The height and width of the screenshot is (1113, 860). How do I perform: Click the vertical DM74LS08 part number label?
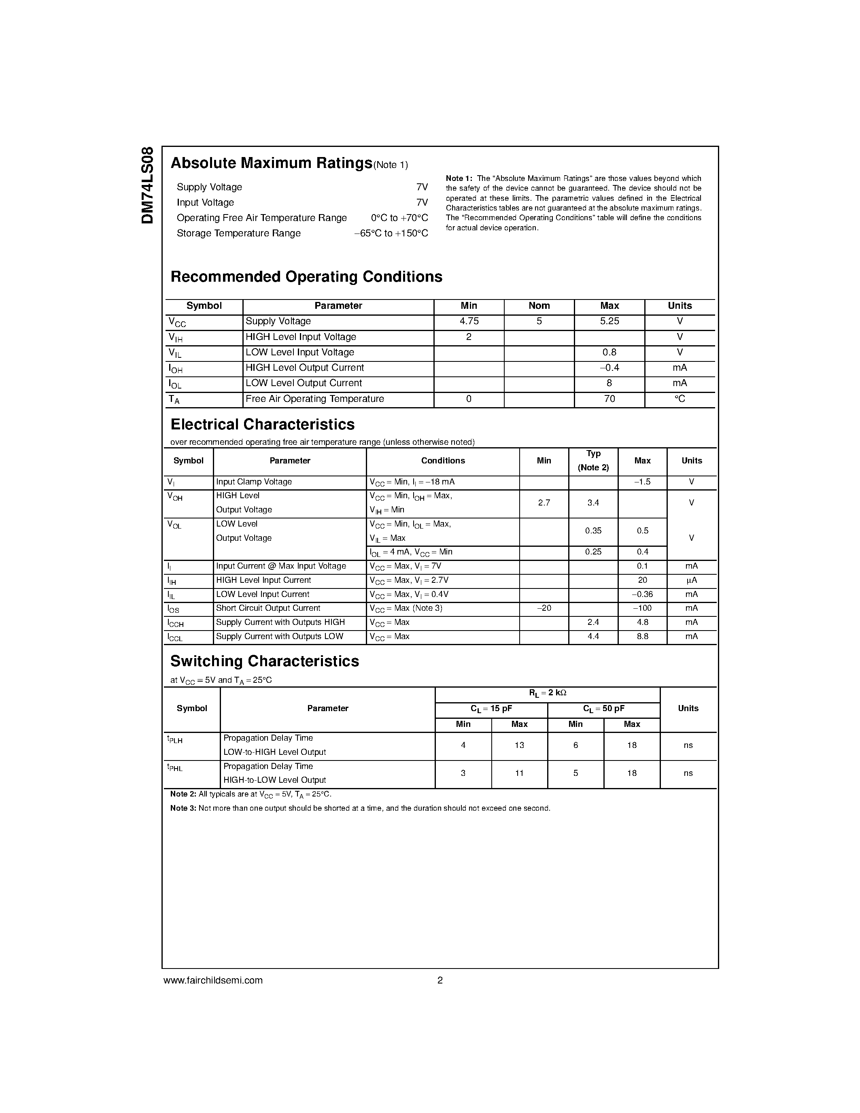147,185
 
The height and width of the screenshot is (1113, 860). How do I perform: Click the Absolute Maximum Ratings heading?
271,163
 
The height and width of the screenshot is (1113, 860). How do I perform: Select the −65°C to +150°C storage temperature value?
391,234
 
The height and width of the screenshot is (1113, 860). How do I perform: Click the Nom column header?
539,306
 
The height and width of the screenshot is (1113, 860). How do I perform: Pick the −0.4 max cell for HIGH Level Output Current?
609,368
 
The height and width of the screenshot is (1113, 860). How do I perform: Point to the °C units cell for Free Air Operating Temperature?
680,399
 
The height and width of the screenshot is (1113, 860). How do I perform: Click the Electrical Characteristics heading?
262,425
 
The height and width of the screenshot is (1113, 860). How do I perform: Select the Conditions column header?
443,461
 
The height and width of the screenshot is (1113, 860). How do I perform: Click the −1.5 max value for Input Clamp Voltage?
642,482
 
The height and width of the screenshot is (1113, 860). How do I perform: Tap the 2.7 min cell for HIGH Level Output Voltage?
544,503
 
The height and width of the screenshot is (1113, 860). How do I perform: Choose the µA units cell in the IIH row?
691,580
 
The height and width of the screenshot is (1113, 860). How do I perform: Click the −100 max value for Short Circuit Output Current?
642,608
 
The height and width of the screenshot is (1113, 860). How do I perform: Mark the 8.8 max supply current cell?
642,637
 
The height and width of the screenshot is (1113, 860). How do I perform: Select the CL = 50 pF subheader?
604,709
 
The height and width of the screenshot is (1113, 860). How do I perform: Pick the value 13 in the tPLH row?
519,746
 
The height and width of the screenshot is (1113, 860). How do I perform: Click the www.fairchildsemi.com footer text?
213,981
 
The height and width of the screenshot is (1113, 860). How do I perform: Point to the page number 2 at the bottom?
440,981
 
